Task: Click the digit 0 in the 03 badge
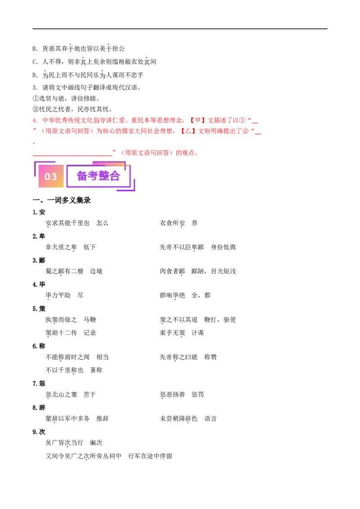[47, 177]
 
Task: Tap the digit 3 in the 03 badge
[54, 177]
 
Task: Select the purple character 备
[82, 176]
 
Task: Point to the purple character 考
[93, 176]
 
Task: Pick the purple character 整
[104, 176]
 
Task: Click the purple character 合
[115, 176]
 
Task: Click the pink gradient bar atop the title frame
[111, 163]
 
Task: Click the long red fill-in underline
[72, 156]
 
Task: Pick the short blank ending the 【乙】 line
[259, 134]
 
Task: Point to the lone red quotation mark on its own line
[34, 143]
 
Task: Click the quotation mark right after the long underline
[115, 151]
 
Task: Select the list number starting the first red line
[35, 121]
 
